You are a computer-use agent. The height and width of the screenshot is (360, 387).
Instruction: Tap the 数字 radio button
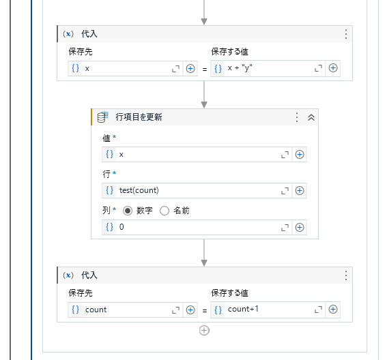pos(128,211)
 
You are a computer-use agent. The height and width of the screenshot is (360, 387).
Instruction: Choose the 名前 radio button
pos(164,211)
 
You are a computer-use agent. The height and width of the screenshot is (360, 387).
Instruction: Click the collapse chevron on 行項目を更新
pos(311,117)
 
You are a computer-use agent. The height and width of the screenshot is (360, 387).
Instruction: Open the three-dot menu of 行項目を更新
pos(297,117)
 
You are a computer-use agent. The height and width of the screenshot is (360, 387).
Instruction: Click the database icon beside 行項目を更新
pos(103,117)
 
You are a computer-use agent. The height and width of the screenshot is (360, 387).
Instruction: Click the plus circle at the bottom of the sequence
pos(204,330)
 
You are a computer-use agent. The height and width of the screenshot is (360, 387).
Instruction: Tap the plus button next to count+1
pos(333,310)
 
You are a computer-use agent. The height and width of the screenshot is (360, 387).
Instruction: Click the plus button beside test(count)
pos(300,190)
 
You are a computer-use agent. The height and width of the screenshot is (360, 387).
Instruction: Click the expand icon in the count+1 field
pos(317,310)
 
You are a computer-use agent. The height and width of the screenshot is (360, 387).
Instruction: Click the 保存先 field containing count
pos(126,310)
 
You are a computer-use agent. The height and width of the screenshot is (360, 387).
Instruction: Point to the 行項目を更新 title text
pos(139,117)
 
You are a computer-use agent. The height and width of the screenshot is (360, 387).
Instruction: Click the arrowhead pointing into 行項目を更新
pos(204,104)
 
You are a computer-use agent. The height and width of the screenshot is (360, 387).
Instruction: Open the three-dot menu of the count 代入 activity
pos(346,275)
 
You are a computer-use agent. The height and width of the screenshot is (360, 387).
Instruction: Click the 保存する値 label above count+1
pos(229,292)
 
